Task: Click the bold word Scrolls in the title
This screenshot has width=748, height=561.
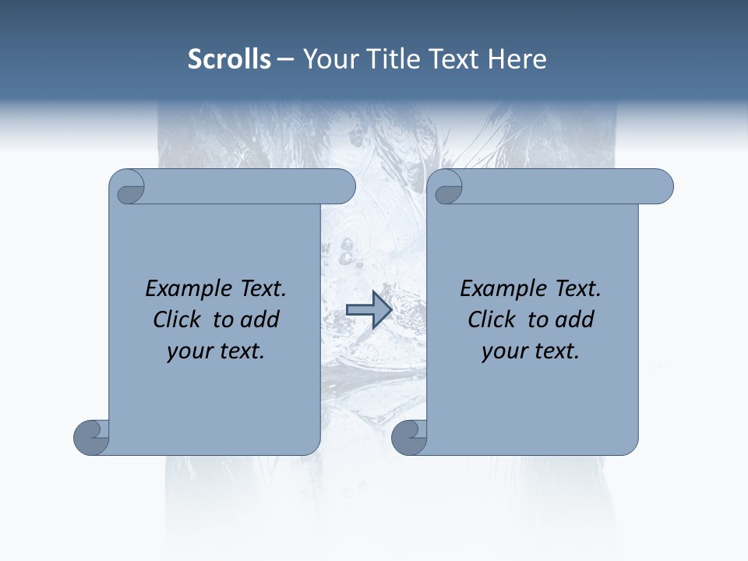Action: tap(229, 59)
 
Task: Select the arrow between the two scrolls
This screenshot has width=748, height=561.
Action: tap(369, 310)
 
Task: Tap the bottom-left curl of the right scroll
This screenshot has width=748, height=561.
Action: tap(409, 436)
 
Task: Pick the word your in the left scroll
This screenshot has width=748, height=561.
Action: tap(187, 351)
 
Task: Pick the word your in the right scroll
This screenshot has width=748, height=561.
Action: tap(502, 351)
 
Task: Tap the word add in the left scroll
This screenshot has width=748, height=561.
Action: tap(260, 319)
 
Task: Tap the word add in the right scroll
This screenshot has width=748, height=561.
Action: tap(575, 319)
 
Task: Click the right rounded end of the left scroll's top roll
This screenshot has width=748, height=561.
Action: tap(345, 186)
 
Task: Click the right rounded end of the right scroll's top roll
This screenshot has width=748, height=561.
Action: tap(663, 186)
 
